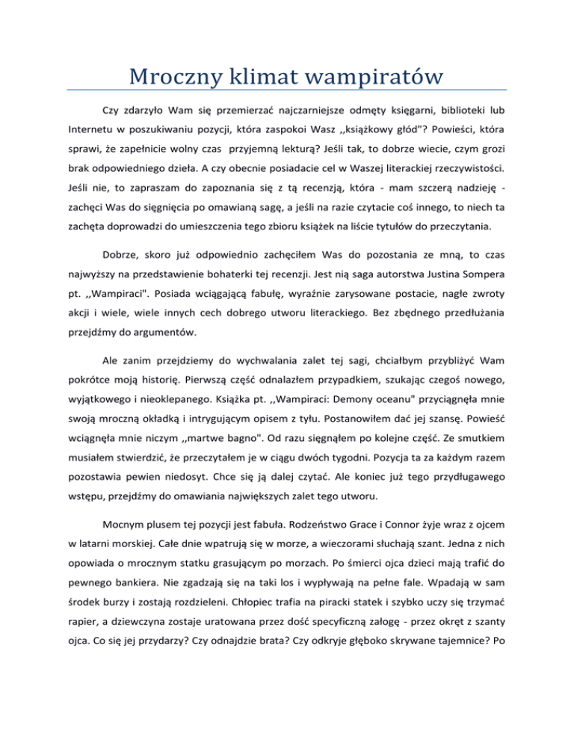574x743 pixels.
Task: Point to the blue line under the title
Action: tap(287, 90)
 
